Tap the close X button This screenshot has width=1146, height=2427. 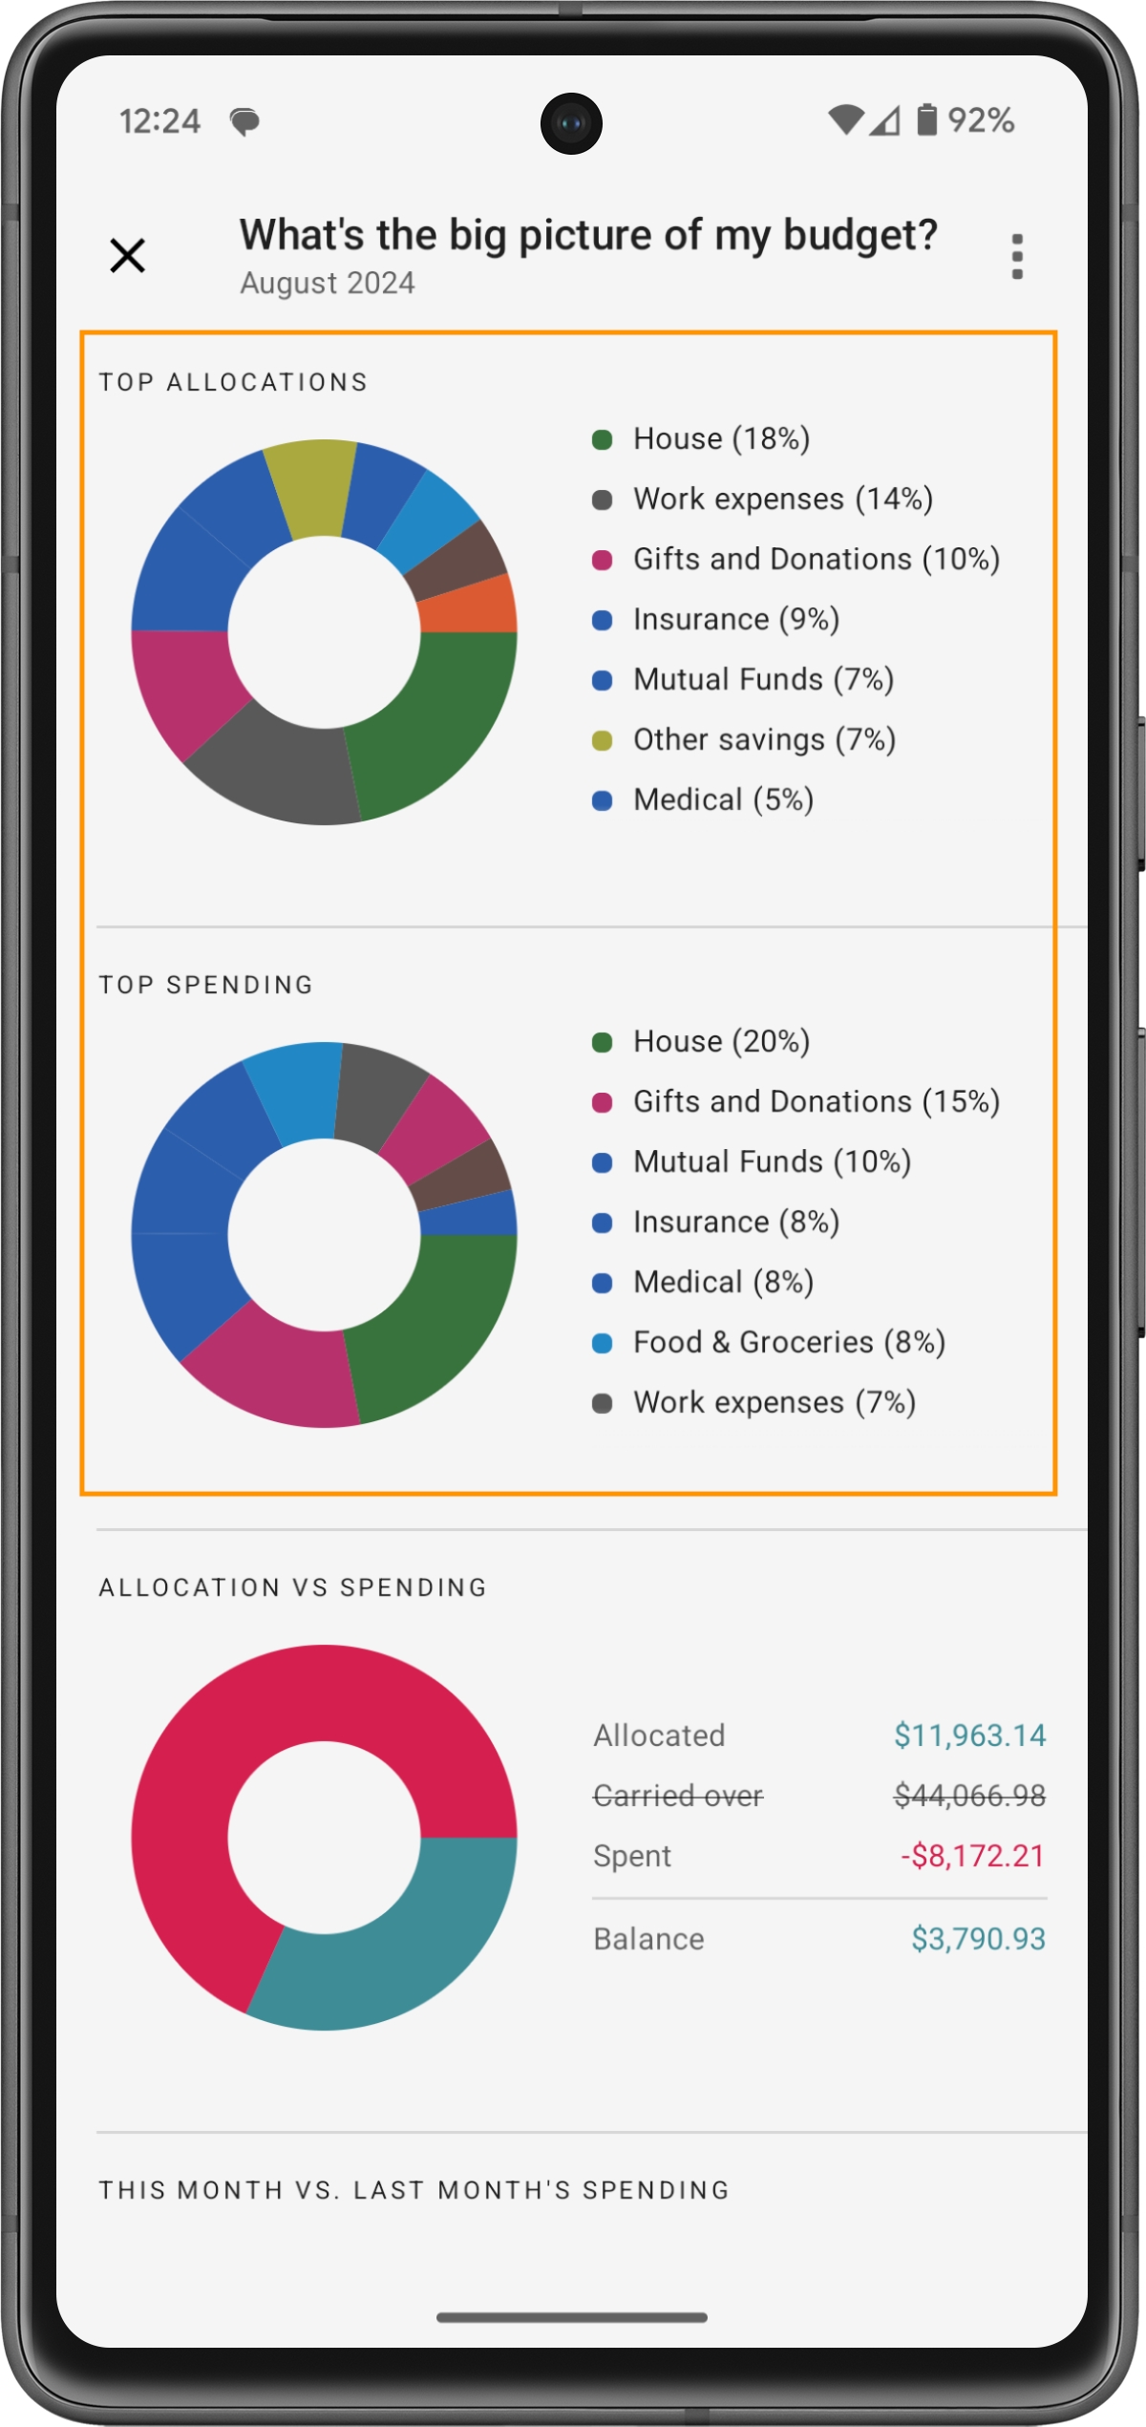point(127,255)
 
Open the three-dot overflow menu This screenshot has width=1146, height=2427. point(1017,256)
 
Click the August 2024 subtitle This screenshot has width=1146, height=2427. point(327,284)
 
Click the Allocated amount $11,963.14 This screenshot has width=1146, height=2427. point(969,1735)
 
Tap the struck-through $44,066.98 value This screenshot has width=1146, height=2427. point(969,1796)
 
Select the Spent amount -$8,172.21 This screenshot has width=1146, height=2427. point(972,1856)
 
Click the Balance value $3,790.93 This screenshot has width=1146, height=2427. point(978,1939)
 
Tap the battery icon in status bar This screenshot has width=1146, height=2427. point(926,120)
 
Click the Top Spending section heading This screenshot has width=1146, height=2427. point(206,985)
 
